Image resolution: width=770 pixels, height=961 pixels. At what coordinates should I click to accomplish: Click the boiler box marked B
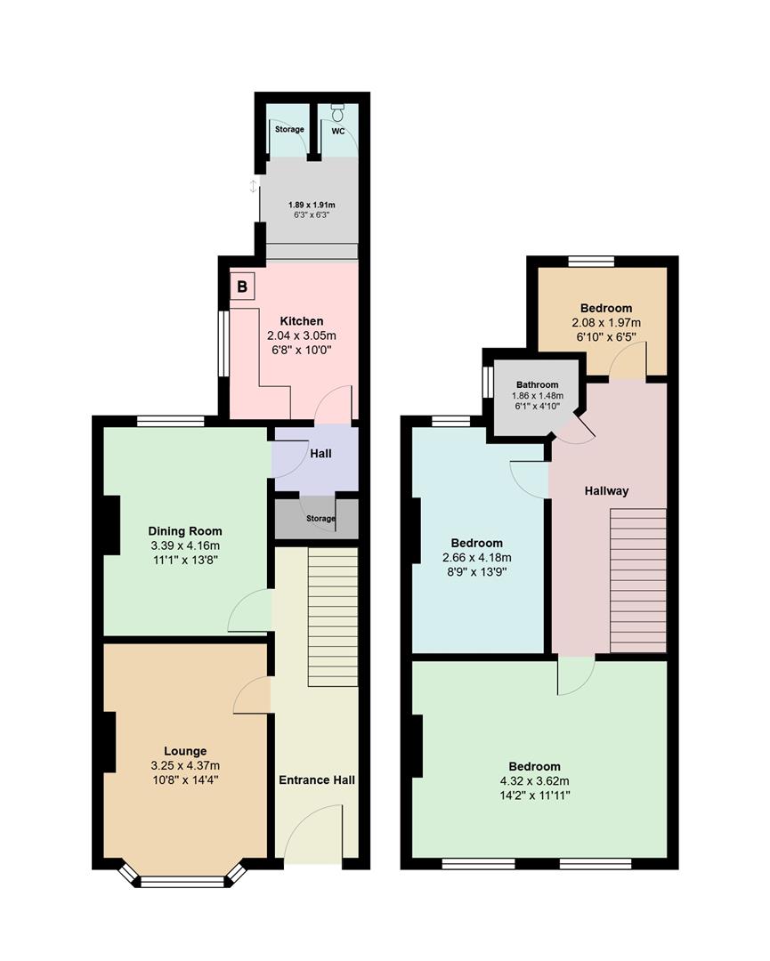(242, 287)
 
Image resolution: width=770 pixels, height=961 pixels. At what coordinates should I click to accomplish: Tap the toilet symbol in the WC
(337, 112)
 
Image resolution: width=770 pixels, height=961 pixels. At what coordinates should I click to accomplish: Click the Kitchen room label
(302, 320)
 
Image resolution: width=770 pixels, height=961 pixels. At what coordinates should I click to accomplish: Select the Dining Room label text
(185, 531)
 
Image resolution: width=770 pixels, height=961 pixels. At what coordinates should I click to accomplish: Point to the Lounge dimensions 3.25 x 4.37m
(185, 765)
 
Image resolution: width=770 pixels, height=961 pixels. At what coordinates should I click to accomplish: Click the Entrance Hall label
(317, 780)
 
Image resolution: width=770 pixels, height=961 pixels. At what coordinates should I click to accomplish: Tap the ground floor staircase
(333, 617)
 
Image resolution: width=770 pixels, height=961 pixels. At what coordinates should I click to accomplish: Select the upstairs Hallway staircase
(637, 579)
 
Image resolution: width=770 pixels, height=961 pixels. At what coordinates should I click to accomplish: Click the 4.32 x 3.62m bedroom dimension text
(535, 781)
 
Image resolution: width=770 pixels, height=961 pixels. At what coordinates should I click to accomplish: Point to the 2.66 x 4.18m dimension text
(476, 558)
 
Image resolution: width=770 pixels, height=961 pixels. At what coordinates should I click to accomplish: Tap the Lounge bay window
(184, 881)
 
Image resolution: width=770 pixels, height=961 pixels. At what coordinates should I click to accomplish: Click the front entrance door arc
(313, 832)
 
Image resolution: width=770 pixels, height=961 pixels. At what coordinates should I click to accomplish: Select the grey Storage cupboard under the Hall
(316, 518)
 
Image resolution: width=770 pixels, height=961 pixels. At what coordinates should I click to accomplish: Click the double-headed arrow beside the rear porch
(254, 186)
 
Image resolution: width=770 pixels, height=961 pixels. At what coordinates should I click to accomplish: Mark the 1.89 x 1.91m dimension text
(311, 205)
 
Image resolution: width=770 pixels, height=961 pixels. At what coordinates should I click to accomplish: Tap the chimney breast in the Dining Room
(111, 524)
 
